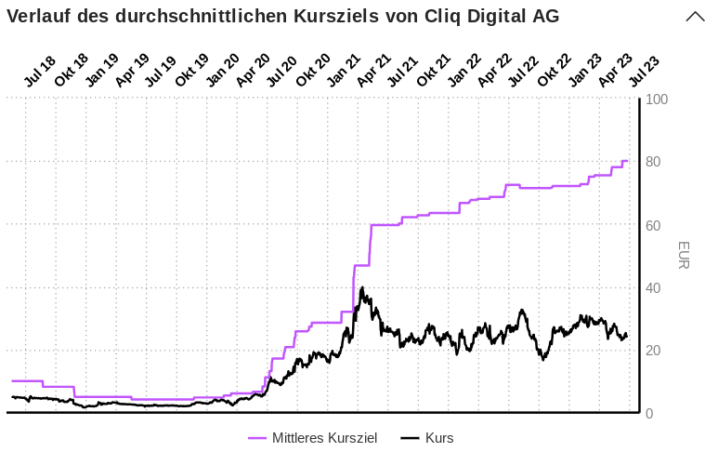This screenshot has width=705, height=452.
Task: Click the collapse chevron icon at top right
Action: pyautogui.click(x=695, y=17)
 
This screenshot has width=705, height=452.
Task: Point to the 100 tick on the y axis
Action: pyautogui.click(x=658, y=100)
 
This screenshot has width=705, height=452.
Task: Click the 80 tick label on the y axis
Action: pyautogui.click(x=654, y=163)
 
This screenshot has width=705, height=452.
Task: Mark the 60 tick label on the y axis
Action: pyautogui.click(x=654, y=225)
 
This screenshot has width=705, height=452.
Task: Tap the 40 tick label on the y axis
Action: pyautogui.click(x=654, y=288)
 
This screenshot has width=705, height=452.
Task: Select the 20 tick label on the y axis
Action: pyautogui.click(x=654, y=351)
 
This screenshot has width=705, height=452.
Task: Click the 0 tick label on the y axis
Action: pyautogui.click(x=649, y=414)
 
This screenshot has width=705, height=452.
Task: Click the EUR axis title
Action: pyautogui.click(x=683, y=256)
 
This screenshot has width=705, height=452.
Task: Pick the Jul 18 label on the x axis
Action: pyautogui.click(x=40, y=72)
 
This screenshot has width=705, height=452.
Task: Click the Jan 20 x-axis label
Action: pyautogui.click(x=223, y=72)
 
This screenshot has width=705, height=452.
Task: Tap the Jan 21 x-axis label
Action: pyautogui.click(x=344, y=72)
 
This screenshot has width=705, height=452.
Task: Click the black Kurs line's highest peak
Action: pyautogui.click(x=361, y=287)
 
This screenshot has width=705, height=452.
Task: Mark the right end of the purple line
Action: pyautogui.click(x=627, y=161)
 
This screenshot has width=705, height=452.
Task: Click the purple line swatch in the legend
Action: pyautogui.click(x=257, y=438)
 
